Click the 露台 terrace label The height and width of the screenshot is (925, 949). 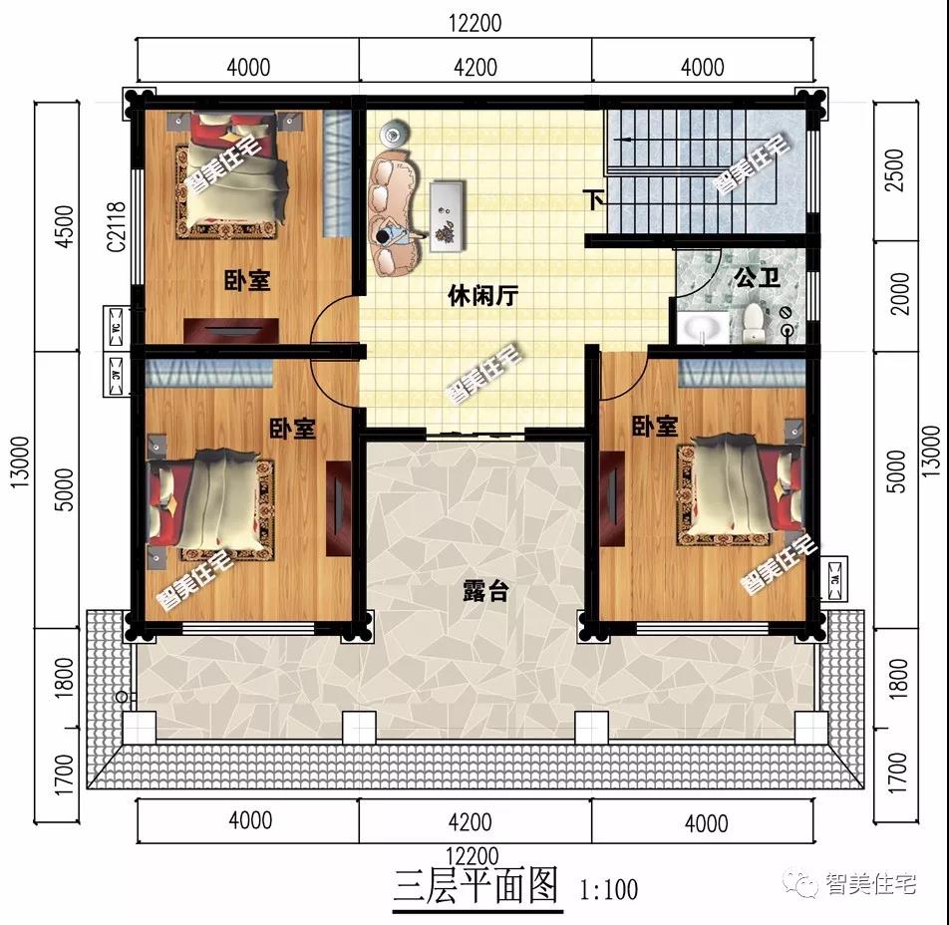(x=485, y=590)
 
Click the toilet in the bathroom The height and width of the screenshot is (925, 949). (x=754, y=322)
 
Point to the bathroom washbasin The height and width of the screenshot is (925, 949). (x=709, y=327)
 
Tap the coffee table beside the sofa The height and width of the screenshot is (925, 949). (x=445, y=211)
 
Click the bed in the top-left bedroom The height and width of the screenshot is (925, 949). (x=233, y=172)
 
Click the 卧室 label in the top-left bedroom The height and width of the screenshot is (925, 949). (x=246, y=281)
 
